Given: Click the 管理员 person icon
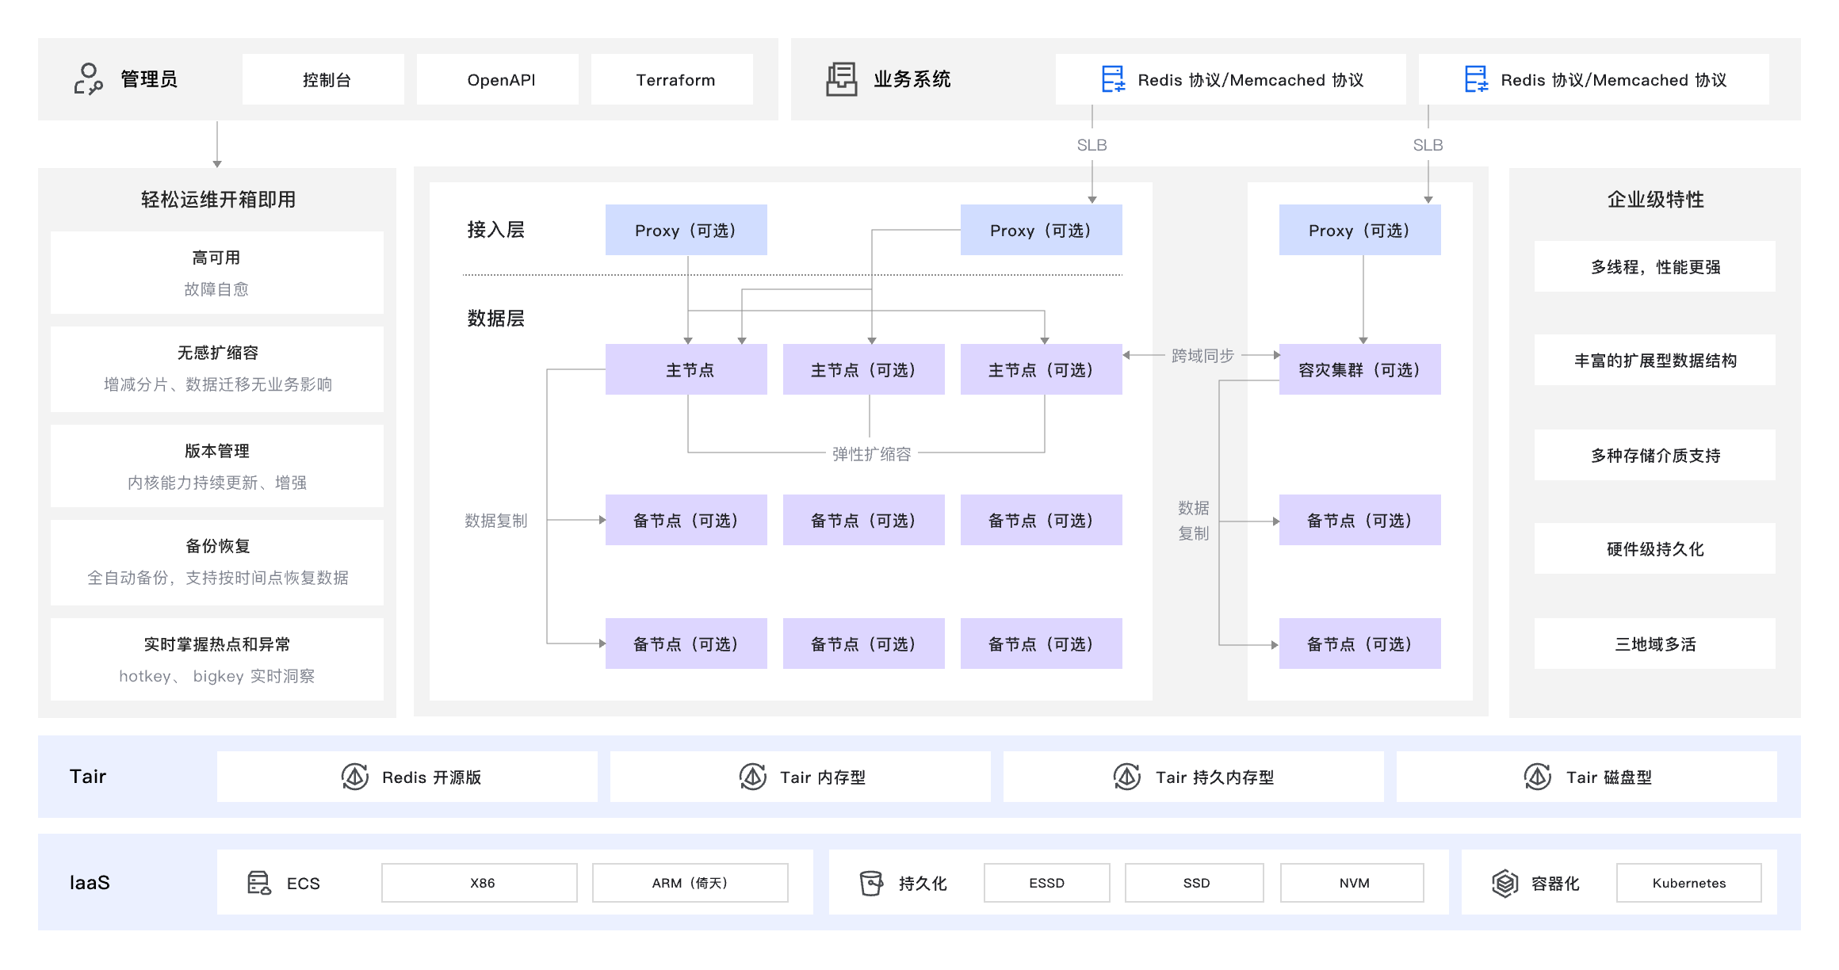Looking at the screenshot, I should [88, 79].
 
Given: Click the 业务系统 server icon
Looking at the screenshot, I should [841, 79].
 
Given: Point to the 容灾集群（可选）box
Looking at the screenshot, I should [1359, 369].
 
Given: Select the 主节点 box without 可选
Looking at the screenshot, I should [686, 369].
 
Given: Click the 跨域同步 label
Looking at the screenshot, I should [1202, 356].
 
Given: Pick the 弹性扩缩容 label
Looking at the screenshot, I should [871, 454].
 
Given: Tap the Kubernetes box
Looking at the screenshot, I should [1688, 883].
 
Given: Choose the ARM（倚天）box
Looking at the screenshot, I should [690, 883].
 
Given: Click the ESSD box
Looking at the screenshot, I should [1046, 883].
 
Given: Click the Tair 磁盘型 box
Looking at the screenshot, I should [1587, 777].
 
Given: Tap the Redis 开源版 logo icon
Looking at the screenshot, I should [355, 777].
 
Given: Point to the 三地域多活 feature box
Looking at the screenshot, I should [1655, 643].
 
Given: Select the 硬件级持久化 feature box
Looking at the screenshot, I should [1655, 548].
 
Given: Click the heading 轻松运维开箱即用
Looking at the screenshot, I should [218, 200].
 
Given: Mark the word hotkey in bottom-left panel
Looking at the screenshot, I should [145, 676].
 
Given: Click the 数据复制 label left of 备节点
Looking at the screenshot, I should [495, 521].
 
